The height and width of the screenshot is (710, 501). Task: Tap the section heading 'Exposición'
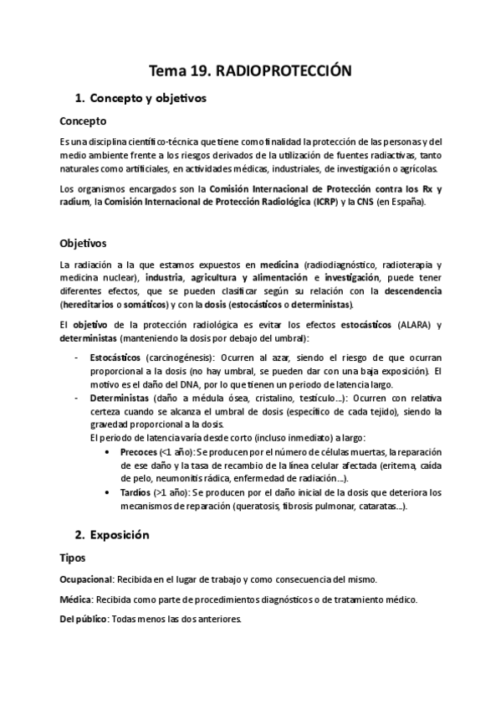[123, 533]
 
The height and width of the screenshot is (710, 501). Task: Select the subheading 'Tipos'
[73, 557]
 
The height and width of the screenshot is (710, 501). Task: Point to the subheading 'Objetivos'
[83, 244]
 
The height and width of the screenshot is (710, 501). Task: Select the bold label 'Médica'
[75, 599]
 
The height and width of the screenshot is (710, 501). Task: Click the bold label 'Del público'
[84, 620]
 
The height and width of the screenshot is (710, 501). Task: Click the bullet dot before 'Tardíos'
[111, 493]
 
